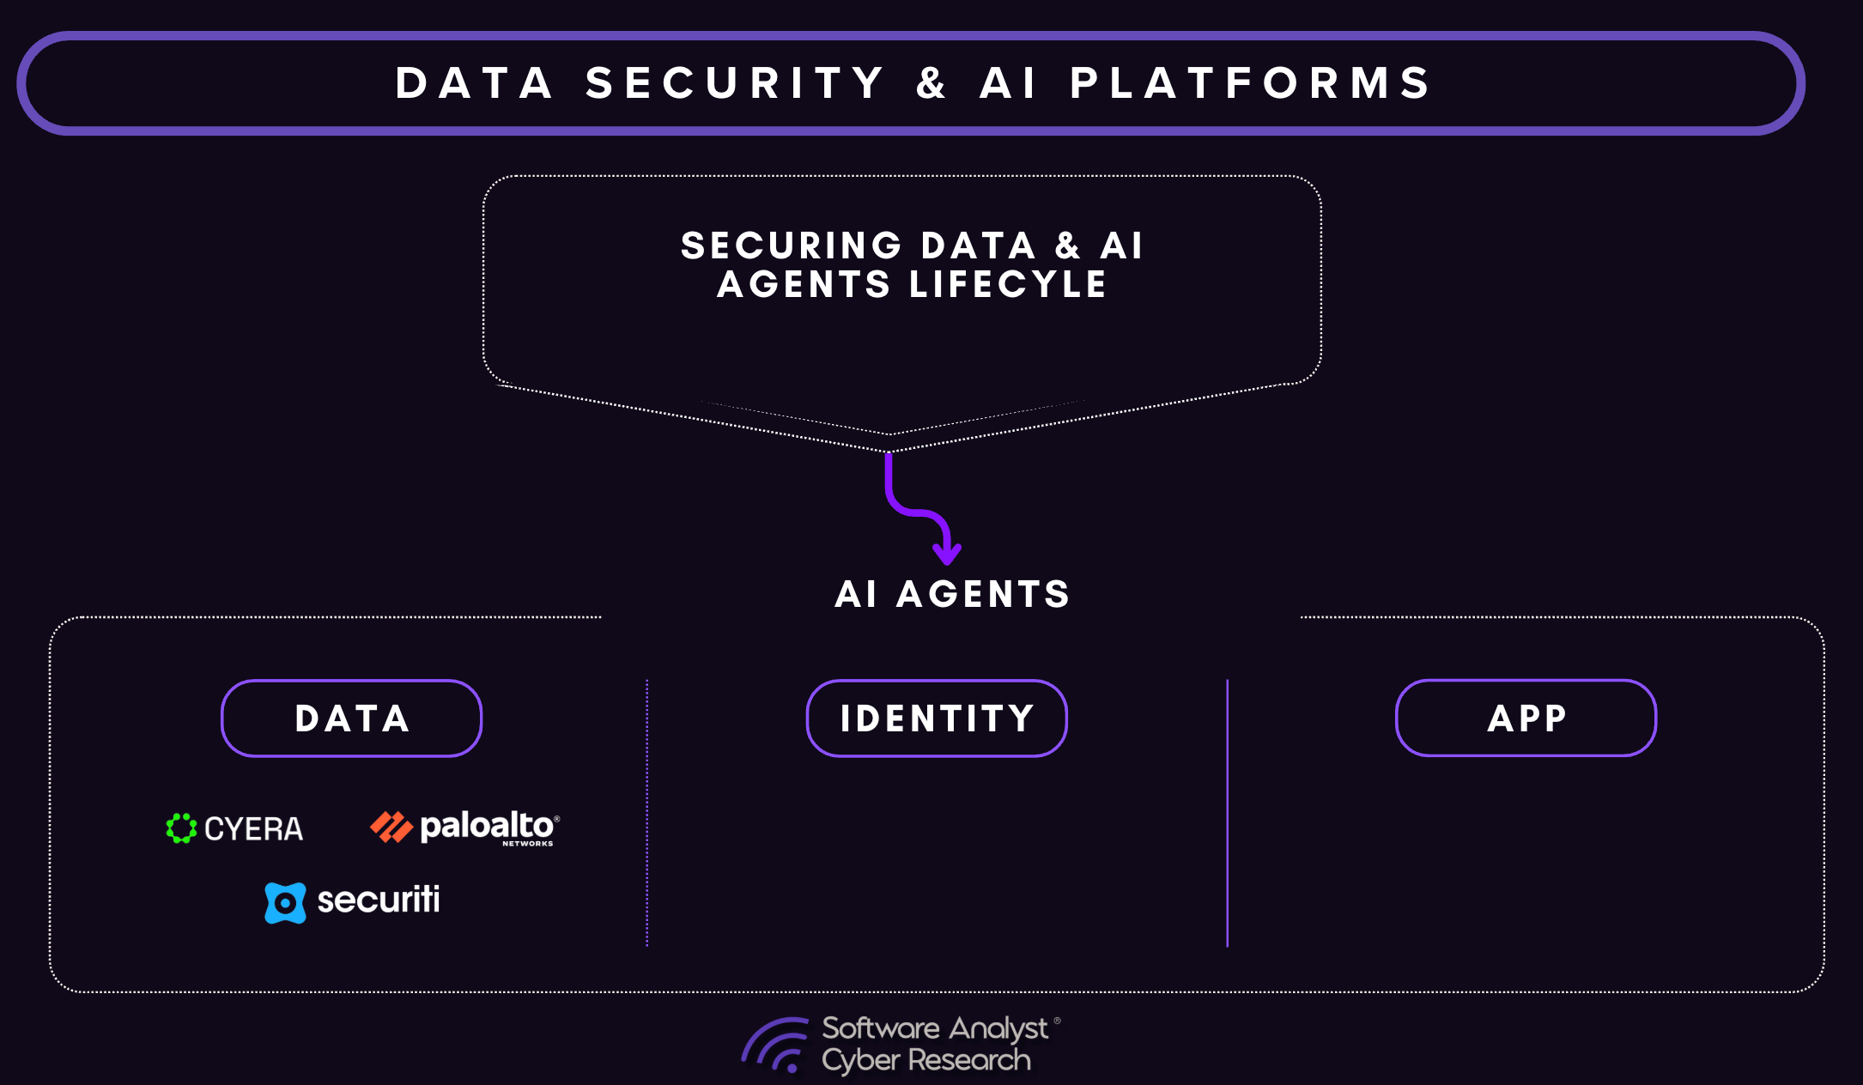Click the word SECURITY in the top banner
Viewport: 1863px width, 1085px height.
735,83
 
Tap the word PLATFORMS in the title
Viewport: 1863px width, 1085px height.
1251,83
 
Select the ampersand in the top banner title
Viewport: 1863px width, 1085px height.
931,83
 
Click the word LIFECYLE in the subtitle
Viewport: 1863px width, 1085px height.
1008,284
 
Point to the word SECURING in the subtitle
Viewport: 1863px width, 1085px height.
791,245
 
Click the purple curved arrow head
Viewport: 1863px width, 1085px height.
947,554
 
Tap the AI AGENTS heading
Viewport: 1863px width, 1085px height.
952,594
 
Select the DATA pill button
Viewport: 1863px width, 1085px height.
351,718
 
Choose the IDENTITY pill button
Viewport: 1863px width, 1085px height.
937,718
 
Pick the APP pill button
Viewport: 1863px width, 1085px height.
1526,718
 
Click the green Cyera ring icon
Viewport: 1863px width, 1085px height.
181,828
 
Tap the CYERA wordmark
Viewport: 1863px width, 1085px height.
253,829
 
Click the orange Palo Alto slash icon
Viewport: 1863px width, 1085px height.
391,827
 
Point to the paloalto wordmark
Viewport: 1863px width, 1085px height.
487,826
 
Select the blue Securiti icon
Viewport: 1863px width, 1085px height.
285,903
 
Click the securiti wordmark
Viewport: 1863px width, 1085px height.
379,900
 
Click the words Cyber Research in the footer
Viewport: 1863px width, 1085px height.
925,1061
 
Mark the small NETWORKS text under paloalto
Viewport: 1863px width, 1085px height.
527,844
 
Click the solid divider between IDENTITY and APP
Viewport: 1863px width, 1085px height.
1228,814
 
